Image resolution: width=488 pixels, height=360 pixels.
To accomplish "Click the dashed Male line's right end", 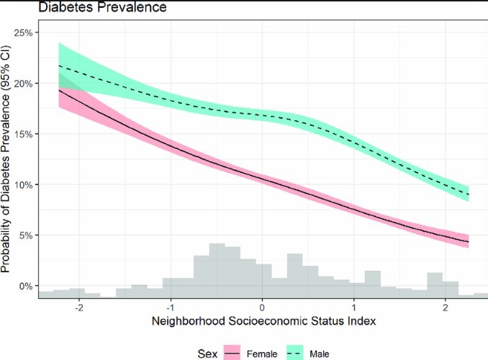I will (469, 194).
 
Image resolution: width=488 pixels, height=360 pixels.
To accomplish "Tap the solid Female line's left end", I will (58, 90).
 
